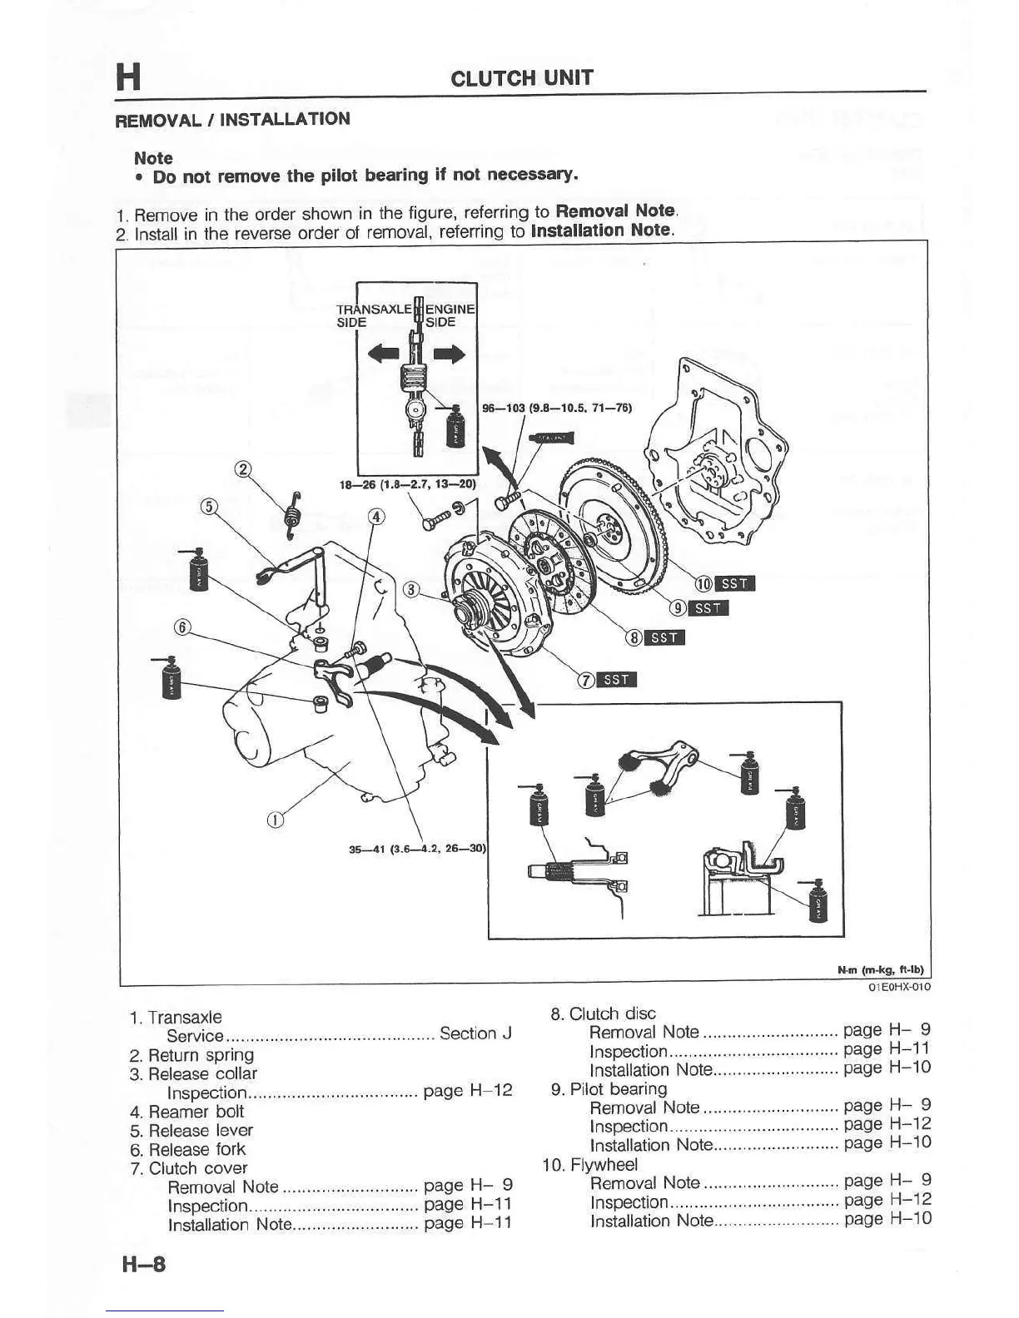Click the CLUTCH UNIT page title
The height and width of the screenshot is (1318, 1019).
click(521, 78)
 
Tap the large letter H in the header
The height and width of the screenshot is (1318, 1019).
click(128, 77)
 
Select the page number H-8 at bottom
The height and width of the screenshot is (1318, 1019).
click(144, 1265)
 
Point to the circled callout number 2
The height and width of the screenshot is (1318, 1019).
click(243, 469)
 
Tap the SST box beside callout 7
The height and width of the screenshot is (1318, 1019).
click(617, 680)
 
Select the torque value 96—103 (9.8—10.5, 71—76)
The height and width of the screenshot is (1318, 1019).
click(557, 408)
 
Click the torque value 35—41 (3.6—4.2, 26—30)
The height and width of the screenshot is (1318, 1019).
click(416, 850)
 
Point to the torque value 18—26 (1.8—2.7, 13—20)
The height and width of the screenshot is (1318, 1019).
click(408, 483)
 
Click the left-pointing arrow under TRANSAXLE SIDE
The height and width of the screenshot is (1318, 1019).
click(384, 354)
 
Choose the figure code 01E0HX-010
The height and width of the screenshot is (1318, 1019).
click(898, 987)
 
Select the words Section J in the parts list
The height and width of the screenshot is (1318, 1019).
click(475, 1033)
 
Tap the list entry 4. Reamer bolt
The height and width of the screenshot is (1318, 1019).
click(187, 1112)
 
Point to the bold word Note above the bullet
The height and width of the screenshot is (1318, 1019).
click(153, 158)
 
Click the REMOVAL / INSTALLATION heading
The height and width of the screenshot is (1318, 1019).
click(232, 119)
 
